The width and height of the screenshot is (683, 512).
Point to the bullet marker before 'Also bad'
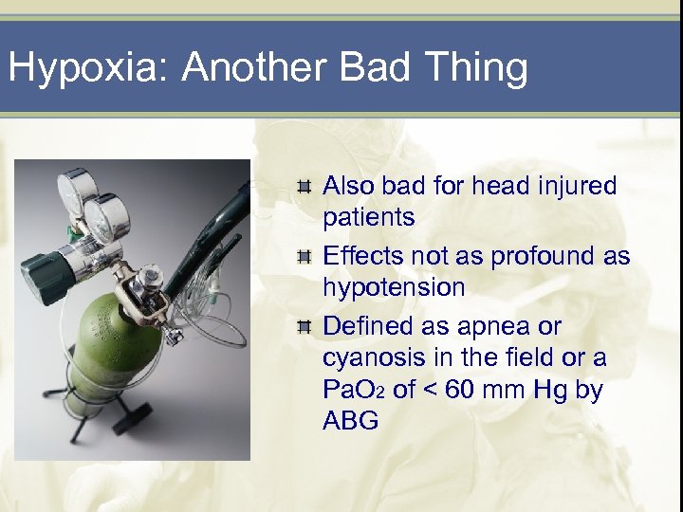pos(304,187)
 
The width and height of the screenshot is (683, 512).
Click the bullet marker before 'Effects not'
pos(304,257)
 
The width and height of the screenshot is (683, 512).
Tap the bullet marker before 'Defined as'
pos(304,327)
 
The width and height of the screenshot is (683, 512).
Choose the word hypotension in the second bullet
pos(394,287)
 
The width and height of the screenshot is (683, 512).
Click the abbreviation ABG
pos(351,421)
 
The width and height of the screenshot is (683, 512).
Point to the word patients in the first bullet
pos(369,218)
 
